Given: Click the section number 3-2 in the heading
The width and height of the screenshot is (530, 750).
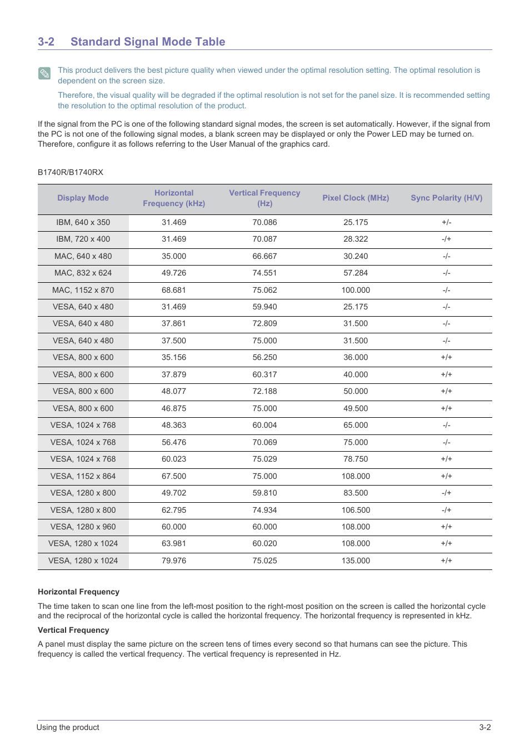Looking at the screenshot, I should (46, 42).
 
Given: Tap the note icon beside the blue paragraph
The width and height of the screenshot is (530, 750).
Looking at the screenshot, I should (44, 73).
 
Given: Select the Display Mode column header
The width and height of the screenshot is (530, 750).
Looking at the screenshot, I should (83, 198).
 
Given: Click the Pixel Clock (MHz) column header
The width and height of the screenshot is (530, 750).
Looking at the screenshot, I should (356, 198).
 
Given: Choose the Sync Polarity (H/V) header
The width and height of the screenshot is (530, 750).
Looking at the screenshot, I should (446, 198).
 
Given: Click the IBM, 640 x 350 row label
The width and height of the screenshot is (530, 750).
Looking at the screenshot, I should (83, 222).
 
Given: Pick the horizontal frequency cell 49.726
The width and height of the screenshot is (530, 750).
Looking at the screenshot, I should (174, 273).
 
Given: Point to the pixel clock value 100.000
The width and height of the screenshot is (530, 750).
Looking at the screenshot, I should (356, 290).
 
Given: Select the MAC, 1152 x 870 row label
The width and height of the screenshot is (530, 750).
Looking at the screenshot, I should (83, 290).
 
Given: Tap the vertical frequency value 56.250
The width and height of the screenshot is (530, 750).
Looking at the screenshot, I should (264, 357).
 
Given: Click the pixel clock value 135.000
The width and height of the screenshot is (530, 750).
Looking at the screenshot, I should (356, 561).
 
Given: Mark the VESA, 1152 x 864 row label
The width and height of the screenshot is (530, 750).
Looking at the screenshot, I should (83, 476).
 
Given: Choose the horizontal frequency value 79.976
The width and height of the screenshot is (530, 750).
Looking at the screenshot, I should (174, 561).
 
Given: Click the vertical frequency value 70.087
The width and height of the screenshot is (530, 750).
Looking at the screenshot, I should (264, 239).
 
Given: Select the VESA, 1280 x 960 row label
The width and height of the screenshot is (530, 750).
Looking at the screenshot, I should (83, 527).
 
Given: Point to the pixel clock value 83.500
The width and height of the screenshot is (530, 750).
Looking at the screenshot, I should (356, 493).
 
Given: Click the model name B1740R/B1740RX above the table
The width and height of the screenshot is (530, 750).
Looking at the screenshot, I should (71, 172).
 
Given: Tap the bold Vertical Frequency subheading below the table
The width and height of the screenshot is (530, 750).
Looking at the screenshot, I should (73, 630).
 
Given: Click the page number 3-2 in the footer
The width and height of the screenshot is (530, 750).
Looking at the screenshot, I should (484, 727).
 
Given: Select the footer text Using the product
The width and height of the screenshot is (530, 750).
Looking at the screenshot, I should (68, 727).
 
